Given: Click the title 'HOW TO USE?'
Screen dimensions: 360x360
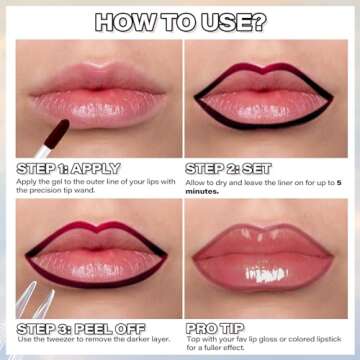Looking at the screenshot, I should [x=181, y=21].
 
